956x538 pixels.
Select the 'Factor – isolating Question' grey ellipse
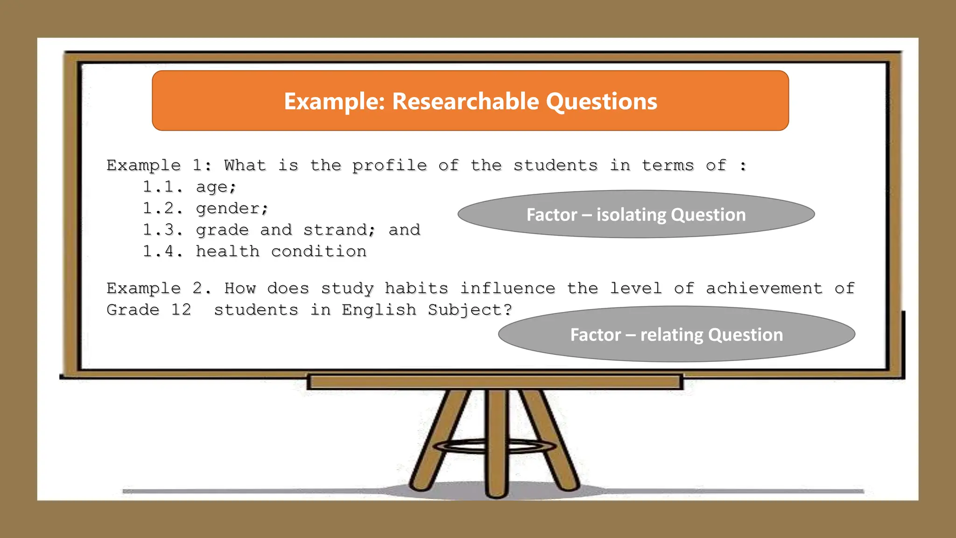636,214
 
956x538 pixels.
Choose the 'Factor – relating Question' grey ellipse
676,334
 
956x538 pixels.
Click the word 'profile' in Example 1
389,165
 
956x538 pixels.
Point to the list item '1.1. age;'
190,187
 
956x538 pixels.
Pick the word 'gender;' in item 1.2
232,208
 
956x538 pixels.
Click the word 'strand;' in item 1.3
339,230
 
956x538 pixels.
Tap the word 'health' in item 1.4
227,251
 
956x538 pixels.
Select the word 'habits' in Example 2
416,288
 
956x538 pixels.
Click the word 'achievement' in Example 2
764,288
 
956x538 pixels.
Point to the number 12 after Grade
181,310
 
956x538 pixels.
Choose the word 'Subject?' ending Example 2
470,310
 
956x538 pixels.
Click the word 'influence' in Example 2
508,288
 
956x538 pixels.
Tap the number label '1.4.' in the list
162,251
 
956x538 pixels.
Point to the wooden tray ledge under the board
495,382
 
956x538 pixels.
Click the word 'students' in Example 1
555,165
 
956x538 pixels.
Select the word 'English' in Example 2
379,310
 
